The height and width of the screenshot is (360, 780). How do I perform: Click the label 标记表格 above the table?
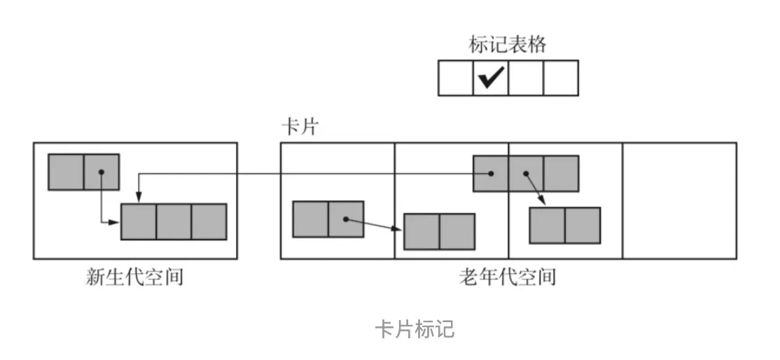[508, 45]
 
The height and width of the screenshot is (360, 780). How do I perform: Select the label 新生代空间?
[134, 277]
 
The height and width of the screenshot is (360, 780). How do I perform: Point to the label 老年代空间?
[508, 277]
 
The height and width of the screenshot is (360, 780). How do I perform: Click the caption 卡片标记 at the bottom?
[415, 329]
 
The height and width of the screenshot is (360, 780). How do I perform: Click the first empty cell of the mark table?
[456, 78]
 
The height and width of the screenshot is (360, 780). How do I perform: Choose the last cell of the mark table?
[561, 78]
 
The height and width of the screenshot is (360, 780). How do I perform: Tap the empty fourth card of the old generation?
[679, 201]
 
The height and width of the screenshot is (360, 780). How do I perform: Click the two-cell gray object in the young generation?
[83, 172]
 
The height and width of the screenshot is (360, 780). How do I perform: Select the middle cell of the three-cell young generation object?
[174, 222]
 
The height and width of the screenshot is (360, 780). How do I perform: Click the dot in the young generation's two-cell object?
[102, 172]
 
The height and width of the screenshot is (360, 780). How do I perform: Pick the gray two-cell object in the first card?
[328, 219]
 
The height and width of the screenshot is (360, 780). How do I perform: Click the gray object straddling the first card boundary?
[439, 232]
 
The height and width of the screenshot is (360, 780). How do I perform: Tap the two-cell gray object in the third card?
[565, 225]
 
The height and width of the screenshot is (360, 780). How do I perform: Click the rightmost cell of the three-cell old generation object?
[561, 174]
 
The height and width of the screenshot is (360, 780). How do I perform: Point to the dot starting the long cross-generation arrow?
[492, 174]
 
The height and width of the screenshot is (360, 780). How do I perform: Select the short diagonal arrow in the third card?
[536, 189]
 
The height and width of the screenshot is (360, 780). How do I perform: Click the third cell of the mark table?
[526, 78]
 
